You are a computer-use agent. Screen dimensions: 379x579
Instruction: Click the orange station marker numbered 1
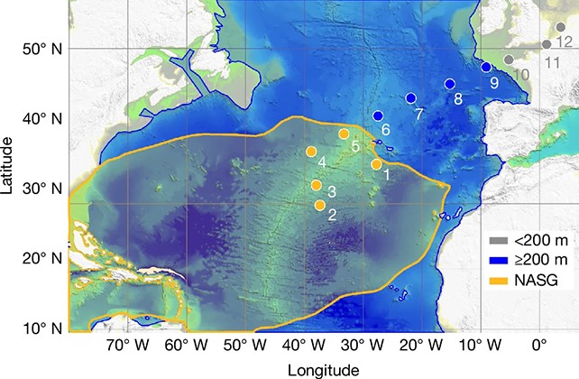pyautogui.click(x=376, y=164)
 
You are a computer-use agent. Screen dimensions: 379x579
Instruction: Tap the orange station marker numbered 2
pyautogui.click(x=320, y=206)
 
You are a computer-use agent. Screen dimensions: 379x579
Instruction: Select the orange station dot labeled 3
pyautogui.click(x=317, y=185)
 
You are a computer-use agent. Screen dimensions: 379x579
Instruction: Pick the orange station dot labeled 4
pyautogui.click(x=311, y=152)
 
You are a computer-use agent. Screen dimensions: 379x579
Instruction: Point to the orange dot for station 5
pyautogui.click(x=344, y=134)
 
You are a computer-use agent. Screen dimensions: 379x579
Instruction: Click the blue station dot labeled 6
pyautogui.click(x=378, y=116)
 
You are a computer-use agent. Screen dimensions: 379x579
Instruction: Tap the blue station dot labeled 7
pyautogui.click(x=410, y=98)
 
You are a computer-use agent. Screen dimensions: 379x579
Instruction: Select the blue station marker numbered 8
pyautogui.click(x=449, y=84)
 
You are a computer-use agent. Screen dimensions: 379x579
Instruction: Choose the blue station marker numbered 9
pyautogui.click(x=485, y=67)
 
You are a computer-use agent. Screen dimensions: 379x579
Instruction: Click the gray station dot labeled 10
pyautogui.click(x=509, y=60)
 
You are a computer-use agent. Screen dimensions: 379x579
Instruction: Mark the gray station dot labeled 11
pyautogui.click(x=547, y=44)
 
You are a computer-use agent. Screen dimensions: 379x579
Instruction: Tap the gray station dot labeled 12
pyautogui.click(x=561, y=27)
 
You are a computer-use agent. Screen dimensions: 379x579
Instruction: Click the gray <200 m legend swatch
pyautogui.click(x=498, y=240)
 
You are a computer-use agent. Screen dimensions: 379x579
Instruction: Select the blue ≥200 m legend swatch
pyautogui.click(x=498, y=261)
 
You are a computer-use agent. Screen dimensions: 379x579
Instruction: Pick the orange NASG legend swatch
pyautogui.click(x=498, y=281)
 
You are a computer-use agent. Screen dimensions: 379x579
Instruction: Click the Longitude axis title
pyautogui.click(x=323, y=369)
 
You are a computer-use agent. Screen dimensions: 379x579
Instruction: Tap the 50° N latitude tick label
pyautogui.click(x=42, y=49)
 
